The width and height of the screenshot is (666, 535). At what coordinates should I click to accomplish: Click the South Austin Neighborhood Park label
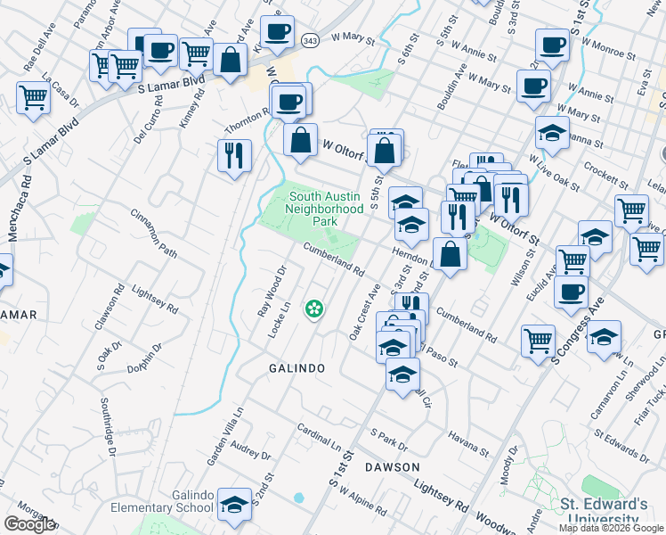point(324,208)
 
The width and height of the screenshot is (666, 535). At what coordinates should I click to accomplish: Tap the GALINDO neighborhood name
point(296,367)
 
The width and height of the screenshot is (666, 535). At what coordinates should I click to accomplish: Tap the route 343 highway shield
point(308,42)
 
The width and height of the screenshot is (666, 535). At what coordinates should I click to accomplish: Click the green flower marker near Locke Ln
point(313,309)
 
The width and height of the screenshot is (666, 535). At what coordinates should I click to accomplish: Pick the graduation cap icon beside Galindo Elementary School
point(235,505)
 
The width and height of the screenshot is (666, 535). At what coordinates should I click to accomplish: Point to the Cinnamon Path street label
point(154,233)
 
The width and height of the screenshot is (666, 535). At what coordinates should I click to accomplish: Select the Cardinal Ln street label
point(321,437)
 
